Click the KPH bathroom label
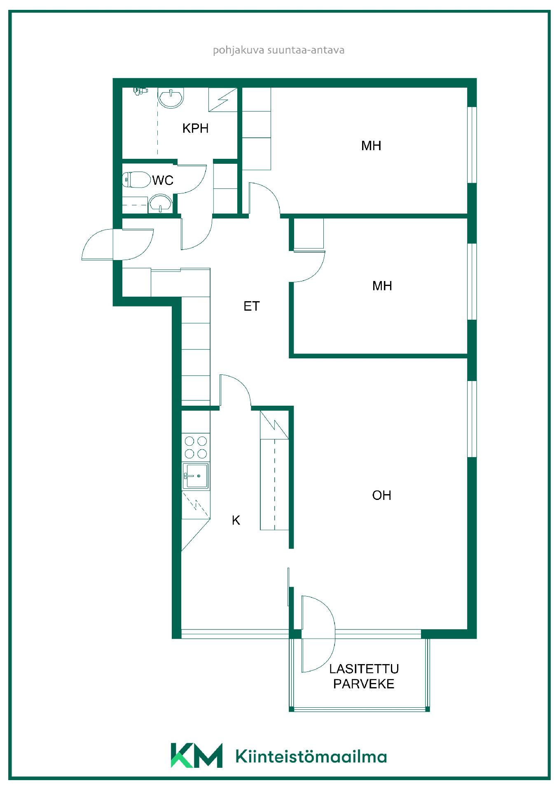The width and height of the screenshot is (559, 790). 195,128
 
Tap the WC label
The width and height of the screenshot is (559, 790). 163,180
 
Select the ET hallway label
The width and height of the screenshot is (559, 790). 252,306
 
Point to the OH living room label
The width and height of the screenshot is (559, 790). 381,495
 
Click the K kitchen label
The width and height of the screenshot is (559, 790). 236,520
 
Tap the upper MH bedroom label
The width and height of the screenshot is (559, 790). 371,146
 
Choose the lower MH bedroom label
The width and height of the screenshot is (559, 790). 382,286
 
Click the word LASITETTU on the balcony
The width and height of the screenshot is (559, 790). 364,669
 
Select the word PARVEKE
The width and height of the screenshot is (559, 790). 364,684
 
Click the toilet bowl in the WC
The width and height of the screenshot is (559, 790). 136,180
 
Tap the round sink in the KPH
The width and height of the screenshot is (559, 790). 171,98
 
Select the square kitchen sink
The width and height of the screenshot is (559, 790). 196,476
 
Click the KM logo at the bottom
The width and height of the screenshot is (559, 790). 196,755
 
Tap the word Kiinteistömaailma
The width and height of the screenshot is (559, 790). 311,756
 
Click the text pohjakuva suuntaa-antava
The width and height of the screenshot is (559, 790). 278,50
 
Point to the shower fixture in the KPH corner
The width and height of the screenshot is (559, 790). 140,91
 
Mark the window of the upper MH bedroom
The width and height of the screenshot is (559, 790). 472,145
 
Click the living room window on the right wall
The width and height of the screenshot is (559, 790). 472,419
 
